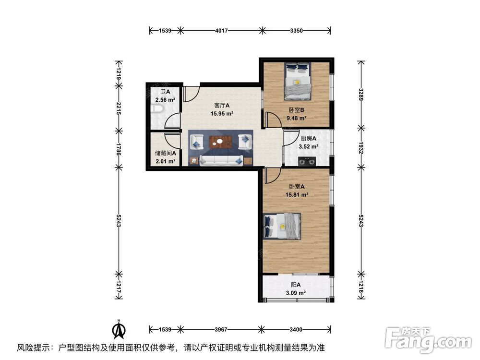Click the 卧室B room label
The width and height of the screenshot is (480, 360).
coord(295,109)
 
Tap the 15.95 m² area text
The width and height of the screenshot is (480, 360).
coord(221,114)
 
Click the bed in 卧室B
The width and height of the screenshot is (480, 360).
coord(297,81)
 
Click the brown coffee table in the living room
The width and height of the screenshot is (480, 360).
coord(221,142)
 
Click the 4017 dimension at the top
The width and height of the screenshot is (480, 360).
coord(221,31)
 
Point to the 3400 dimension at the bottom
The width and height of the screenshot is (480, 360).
coord(296,329)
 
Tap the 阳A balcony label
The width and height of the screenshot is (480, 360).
coord(296,284)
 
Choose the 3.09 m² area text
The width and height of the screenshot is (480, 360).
coord(296,292)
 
